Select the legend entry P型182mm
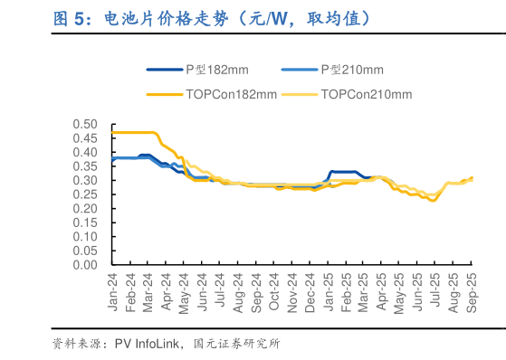(216, 70)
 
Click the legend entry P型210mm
(352, 70)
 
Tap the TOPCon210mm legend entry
(366, 94)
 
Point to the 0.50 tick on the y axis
(83, 124)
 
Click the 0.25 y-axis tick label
(83, 194)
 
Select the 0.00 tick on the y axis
(83, 265)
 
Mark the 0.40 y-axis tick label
(83, 152)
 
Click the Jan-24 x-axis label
(113, 291)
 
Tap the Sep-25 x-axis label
(472, 291)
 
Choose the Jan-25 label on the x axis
(328, 291)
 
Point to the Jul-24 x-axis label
(221, 291)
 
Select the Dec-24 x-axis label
(310, 291)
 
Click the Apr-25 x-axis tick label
(382, 291)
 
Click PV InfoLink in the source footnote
(146, 343)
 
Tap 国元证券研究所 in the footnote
(236, 343)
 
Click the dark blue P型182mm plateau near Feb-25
(344, 172)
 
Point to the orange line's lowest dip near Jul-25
(433, 200)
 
